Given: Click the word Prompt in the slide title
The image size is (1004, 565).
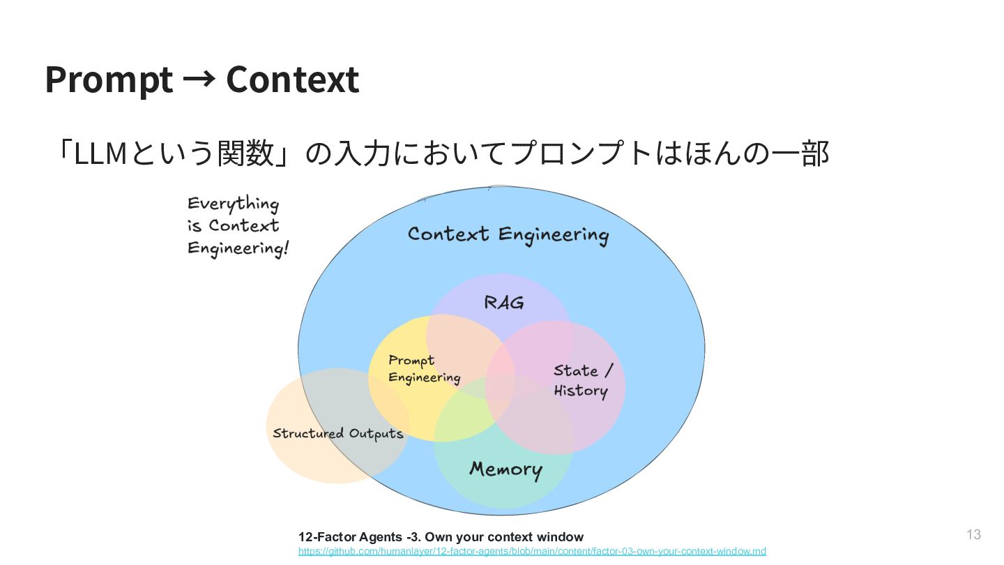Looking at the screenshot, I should [x=109, y=80].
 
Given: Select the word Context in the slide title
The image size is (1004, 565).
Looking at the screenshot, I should [x=292, y=80].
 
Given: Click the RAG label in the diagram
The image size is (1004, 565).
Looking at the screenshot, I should [x=503, y=303].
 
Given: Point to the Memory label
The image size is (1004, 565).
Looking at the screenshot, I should [x=505, y=469].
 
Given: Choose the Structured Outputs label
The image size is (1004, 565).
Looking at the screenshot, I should [x=337, y=433].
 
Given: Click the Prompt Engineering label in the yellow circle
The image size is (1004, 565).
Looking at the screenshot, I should [x=424, y=369].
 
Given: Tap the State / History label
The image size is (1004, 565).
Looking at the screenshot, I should [x=582, y=380].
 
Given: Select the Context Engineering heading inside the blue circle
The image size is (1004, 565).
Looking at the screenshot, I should [x=508, y=235].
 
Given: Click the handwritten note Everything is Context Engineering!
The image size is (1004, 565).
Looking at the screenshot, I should [x=237, y=226].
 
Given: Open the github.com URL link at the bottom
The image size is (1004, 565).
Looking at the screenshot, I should [x=532, y=551].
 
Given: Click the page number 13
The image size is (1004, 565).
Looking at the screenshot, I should [x=973, y=535].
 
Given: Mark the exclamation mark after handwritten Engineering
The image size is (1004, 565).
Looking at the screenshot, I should [x=284, y=249].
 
